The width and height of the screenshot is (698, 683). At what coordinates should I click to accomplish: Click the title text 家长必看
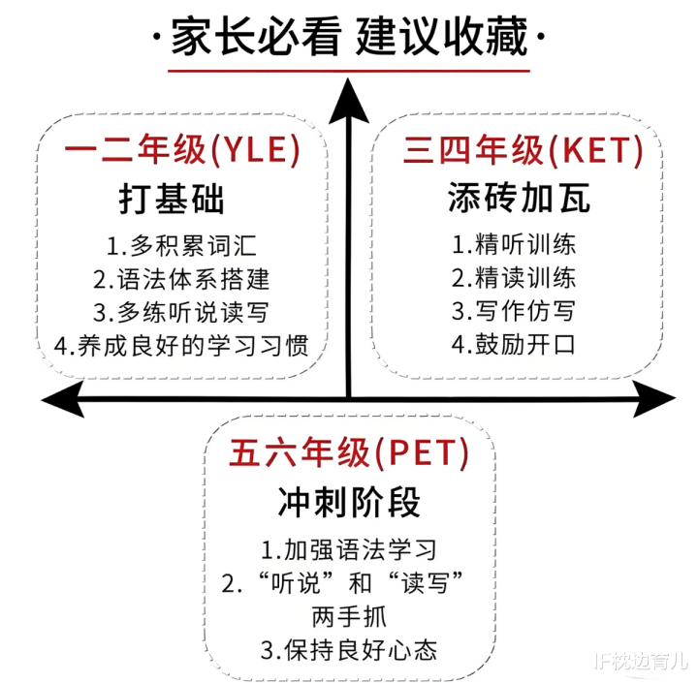[x=256, y=37]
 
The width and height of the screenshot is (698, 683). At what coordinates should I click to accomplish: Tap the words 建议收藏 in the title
[x=442, y=37]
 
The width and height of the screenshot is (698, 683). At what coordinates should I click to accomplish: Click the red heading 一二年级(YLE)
[x=182, y=149]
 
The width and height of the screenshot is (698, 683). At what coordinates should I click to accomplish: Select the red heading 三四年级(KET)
[x=523, y=149]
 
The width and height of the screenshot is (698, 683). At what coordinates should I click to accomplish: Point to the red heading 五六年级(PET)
[x=349, y=453]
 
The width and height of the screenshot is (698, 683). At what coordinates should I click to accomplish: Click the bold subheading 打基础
[x=172, y=199]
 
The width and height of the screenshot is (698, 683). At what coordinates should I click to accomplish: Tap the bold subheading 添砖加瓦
[x=519, y=197]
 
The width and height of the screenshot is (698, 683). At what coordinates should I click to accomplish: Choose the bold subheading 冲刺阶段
[x=349, y=502]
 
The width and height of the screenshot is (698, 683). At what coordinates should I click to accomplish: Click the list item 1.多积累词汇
[x=181, y=246]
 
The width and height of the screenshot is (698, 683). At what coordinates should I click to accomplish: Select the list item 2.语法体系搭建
[x=181, y=279]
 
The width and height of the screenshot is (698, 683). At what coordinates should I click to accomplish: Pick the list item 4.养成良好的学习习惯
[x=181, y=346]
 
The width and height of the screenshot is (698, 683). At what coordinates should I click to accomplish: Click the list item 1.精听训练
[x=514, y=244]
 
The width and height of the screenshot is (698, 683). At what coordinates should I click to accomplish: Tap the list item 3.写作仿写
[x=514, y=311]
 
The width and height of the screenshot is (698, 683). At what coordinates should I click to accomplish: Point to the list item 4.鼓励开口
[x=514, y=344]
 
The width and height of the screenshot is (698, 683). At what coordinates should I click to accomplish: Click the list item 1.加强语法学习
[x=349, y=549]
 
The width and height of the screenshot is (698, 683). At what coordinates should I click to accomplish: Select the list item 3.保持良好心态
[x=349, y=650]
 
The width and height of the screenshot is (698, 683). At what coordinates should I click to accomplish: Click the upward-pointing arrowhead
[x=349, y=102]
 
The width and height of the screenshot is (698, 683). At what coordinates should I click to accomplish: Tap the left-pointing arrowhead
[x=62, y=399]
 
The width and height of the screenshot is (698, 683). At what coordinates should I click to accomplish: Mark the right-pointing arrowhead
[x=654, y=399]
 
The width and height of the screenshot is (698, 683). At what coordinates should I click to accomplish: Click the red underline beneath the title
[x=349, y=71]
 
